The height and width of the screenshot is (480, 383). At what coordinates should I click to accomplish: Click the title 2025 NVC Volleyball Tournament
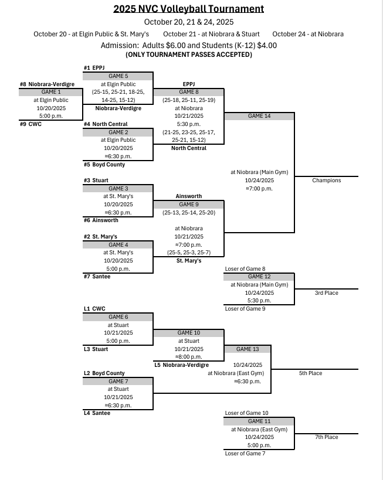pos(188,9)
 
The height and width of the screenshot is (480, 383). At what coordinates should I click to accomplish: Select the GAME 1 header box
pos(51,92)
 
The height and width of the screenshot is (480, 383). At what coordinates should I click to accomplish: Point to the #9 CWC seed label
pos(30,124)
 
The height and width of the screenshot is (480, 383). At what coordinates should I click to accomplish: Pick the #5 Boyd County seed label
pos(104,165)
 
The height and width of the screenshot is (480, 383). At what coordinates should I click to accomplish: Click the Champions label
pos(326,181)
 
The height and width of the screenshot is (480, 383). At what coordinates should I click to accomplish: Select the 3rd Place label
pos(327,293)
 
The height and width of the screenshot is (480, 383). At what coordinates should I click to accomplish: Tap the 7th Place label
pos(327,437)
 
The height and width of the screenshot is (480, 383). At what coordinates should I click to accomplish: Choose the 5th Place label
pos(327,373)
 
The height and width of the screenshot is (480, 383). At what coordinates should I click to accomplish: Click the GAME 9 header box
pos(188,205)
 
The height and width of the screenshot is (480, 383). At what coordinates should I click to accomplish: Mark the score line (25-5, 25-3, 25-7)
pos(188,253)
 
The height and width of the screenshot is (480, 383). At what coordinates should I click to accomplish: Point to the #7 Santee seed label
pos(97,277)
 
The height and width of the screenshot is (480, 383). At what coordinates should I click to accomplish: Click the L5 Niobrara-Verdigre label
pos(181,365)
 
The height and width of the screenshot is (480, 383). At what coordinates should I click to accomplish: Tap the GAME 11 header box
pos(259,421)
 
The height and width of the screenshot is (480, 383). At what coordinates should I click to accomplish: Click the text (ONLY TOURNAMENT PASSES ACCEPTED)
pos(189,55)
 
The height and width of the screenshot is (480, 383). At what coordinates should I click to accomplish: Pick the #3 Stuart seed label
pos(96,181)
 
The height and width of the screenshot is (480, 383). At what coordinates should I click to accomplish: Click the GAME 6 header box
pos(118,317)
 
